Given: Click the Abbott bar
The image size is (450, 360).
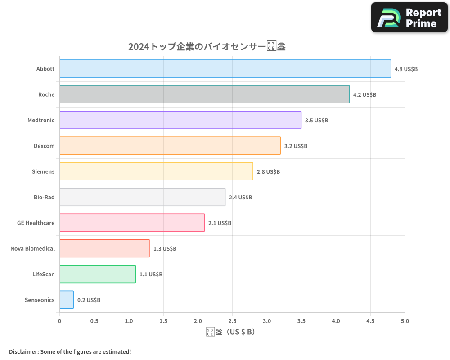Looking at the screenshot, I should click(225, 69).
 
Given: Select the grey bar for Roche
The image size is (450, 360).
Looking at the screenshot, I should click(204, 94).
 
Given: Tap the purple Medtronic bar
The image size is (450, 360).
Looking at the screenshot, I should click(180, 120).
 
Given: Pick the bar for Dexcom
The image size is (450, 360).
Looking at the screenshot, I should click(170, 146).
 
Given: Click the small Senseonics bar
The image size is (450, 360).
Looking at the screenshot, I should click(67, 300).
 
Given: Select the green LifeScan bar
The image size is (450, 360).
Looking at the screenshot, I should click(97, 274).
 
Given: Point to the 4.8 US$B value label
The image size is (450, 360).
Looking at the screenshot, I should click(406, 69).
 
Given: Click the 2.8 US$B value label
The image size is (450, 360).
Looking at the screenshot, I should click(268, 172).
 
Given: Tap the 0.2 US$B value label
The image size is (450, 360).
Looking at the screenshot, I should click(89, 300).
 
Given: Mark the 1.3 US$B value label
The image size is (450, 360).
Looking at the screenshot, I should click(165, 249).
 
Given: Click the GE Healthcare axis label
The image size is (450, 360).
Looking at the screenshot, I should click(36, 223).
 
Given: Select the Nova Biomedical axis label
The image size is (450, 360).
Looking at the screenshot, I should click(32, 248).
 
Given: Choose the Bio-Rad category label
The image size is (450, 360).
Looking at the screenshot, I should click(44, 197).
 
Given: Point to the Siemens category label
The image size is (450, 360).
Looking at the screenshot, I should click(43, 171).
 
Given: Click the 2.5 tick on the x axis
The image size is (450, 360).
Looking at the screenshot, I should click(232, 321).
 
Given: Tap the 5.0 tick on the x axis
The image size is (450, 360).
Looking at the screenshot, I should click(405, 321).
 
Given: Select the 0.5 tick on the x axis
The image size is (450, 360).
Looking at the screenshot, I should click(94, 321).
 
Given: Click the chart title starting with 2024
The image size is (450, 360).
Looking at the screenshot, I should click(207, 47).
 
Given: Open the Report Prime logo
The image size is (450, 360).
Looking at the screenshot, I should click(409, 18).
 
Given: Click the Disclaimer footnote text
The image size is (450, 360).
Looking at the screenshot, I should click(70, 351).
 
